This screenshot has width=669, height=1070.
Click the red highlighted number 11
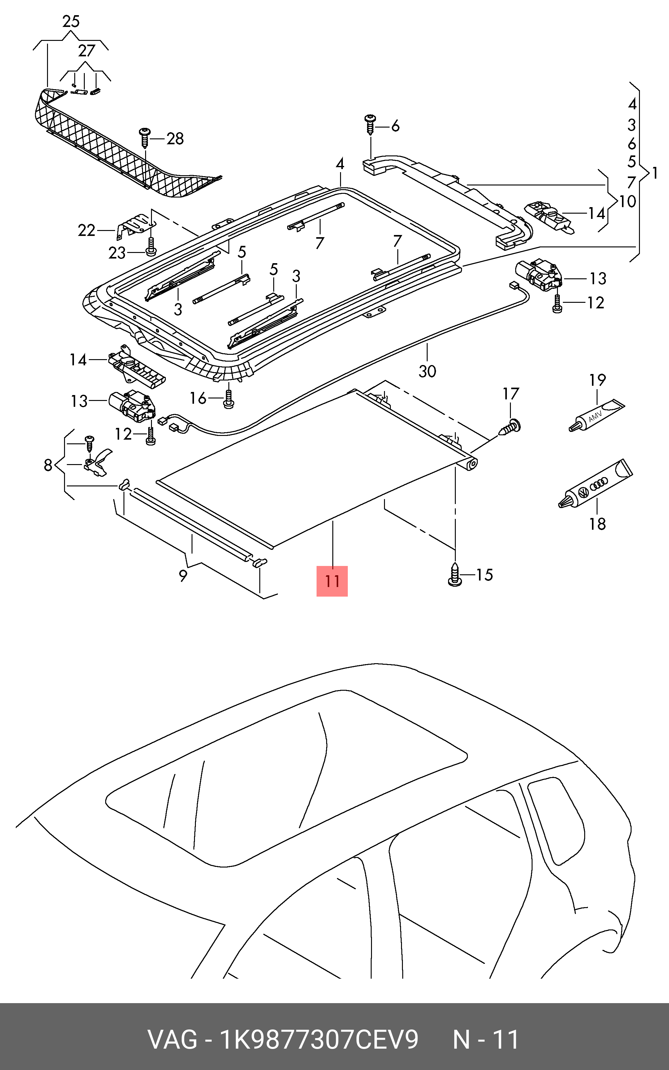[x=332, y=581]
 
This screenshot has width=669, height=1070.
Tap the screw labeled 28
[x=145, y=138]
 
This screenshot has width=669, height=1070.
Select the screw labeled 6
[x=370, y=125]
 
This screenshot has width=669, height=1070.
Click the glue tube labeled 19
[x=596, y=415]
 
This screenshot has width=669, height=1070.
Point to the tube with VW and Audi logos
[x=595, y=484]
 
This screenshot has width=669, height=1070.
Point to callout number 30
[x=427, y=371]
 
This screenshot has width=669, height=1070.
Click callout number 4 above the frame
[x=339, y=164]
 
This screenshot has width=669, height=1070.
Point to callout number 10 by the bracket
[x=628, y=202]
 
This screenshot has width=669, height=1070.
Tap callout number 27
[x=87, y=51]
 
